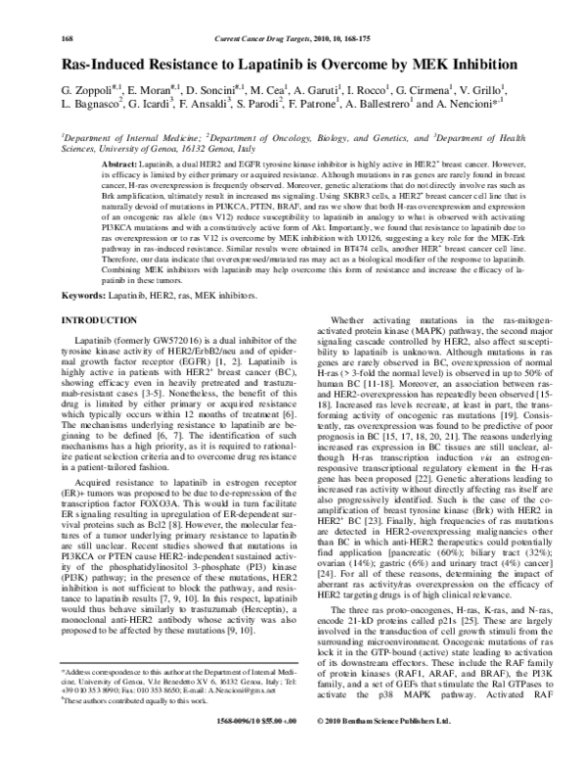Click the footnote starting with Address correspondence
176,687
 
